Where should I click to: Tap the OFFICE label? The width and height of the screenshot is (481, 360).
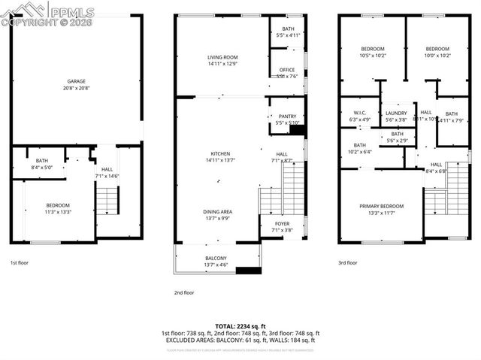pos(288,70)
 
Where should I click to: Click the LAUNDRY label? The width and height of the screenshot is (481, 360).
pos(396,113)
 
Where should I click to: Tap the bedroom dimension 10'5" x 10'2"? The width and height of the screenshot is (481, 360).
pos(373,55)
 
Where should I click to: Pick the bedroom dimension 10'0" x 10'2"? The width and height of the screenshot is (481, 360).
pos(437,55)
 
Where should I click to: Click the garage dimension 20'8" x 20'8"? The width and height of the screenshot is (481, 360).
pos(77,88)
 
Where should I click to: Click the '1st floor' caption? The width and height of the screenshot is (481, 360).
pos(20,263)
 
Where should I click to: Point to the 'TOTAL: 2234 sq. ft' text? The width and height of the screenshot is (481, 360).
pos(240,325)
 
